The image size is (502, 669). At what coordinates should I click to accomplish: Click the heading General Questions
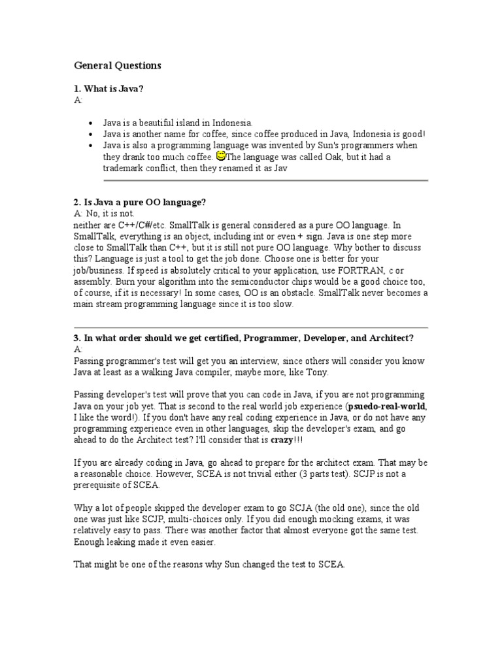118,66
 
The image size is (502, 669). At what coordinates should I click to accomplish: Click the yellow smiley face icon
220,155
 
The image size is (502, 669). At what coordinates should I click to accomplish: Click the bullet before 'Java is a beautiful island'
90,122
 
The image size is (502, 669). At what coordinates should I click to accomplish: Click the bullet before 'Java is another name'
90,133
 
